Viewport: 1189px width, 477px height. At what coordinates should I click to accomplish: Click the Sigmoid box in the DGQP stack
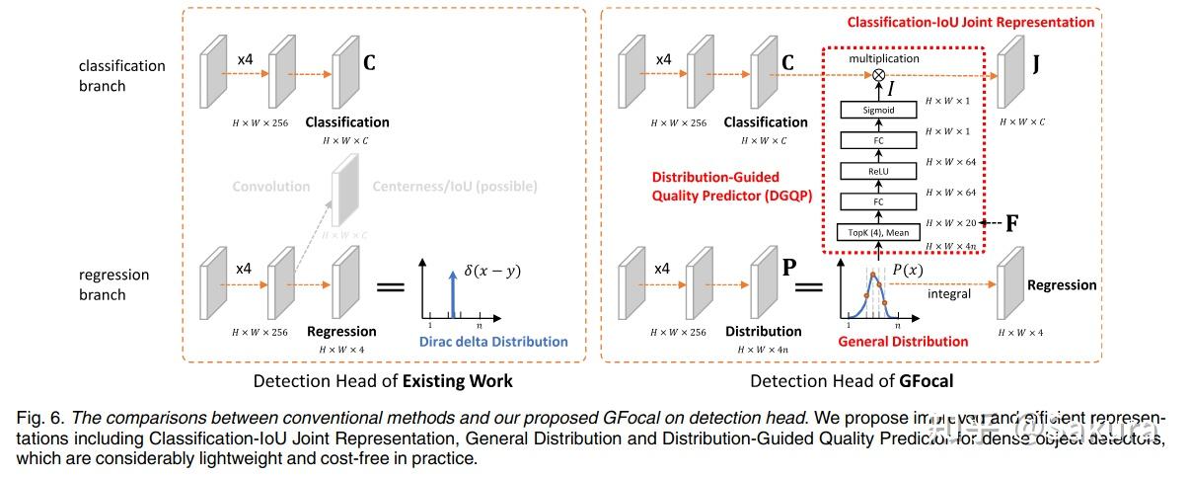[x=878, y=110]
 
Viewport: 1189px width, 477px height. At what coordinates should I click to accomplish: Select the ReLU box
[x=878, y=171]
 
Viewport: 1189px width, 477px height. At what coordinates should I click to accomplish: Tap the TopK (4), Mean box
[x=878, y=232]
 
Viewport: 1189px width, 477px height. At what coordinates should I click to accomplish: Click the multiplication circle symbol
[x=878, y=75]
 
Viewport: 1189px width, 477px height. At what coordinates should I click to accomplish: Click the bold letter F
[x=1011, y=222]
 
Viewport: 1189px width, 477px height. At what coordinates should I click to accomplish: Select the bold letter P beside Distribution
[x=788, y=266]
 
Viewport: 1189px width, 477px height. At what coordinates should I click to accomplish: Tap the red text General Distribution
[x=903, y=341]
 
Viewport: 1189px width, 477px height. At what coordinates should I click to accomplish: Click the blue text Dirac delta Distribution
[x=493, y=341]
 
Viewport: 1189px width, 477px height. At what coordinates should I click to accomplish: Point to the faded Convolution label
[x=270, y=186]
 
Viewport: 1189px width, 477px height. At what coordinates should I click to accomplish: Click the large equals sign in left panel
[x=391, y=287]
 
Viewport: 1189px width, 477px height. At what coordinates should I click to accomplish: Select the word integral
[x=948, y=294]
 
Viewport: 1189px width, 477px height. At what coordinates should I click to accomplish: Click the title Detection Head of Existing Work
[x=383, y=381]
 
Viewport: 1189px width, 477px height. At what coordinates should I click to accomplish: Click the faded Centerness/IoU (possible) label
[x=454, y=186]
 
